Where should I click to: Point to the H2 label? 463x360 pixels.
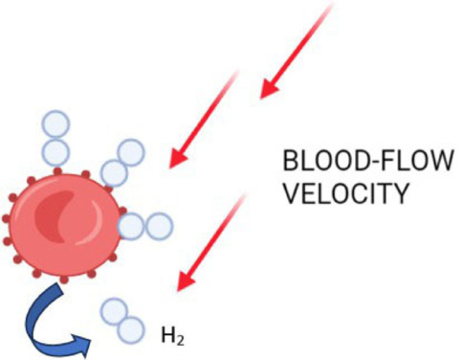pos(173,337)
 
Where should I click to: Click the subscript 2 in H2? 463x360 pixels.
pos(180,341)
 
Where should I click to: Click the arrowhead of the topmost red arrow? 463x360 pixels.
pos(270,88)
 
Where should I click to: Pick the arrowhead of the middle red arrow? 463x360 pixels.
pos(178,157)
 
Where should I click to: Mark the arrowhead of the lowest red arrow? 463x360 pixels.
pos(187,281)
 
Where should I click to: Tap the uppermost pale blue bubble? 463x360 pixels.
pos(55,124)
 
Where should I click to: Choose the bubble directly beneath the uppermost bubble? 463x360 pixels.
pos(55,151)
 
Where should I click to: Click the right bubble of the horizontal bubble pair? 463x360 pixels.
pos(159,226)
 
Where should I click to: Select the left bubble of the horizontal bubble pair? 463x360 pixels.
pos(131,226)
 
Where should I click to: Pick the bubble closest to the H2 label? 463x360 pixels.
pos(131,330)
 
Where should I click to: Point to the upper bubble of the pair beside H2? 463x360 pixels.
pos(114,312)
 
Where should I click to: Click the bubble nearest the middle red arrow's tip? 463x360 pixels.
pos(131,153)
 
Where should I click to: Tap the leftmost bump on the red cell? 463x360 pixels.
pos(6,218)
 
